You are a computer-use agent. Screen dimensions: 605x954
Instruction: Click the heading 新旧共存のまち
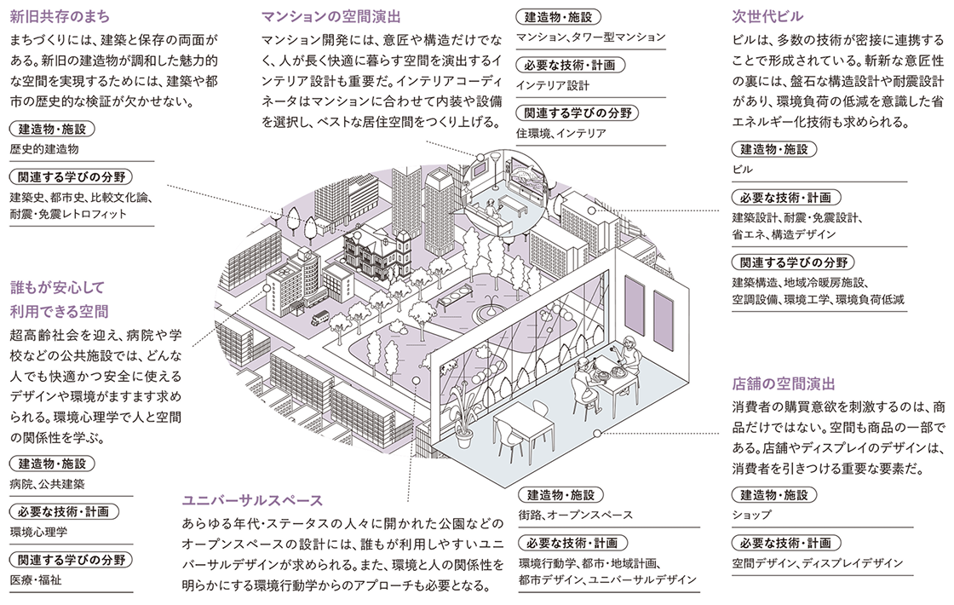[60, 16]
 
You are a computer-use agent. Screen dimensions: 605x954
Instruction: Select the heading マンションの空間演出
[331, 16]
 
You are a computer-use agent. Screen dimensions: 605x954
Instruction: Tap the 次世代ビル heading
[767, 16]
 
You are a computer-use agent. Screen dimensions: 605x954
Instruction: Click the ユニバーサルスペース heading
[252, 500]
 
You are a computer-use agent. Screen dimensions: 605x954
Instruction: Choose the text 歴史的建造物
[44, 149]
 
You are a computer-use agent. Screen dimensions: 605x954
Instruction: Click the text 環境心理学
[39, 533]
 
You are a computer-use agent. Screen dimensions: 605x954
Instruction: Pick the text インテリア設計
[553, 85]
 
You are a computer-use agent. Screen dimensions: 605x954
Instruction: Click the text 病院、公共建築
[48, 485]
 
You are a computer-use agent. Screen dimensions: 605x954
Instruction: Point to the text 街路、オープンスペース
[575, 515]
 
